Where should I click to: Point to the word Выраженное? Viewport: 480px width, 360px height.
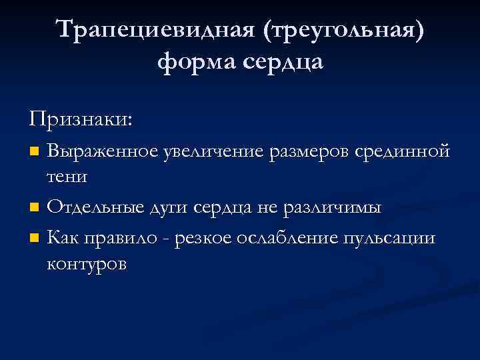tap(103, 151)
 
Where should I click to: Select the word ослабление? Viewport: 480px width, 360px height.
tap(289, 238)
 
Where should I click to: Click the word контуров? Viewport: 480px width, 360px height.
tap(87, 265)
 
